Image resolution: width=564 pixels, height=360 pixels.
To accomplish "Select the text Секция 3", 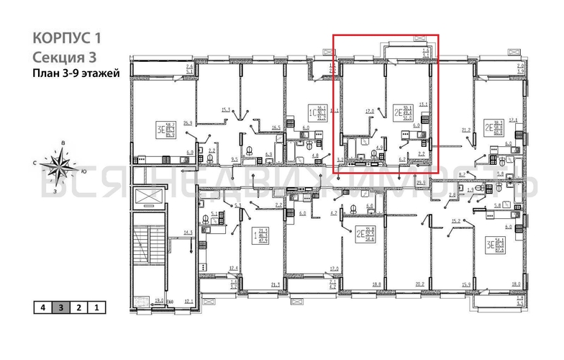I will tap(63, 56).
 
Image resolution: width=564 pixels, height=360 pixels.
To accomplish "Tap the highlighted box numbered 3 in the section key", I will tap(60, 308).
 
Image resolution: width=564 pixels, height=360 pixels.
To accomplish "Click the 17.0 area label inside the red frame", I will tap(369, 112).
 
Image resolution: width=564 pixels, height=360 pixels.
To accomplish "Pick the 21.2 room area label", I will tap(465, 130).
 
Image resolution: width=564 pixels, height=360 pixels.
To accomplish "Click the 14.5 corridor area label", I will tap(188, 232).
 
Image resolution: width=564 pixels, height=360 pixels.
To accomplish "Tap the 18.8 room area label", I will tap(376, 284).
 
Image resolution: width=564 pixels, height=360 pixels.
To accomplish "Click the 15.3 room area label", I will tap(225, 109).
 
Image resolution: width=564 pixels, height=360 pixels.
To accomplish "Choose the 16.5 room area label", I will tap(275, 127).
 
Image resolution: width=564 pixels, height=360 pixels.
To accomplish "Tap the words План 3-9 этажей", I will tap(76, 73).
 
